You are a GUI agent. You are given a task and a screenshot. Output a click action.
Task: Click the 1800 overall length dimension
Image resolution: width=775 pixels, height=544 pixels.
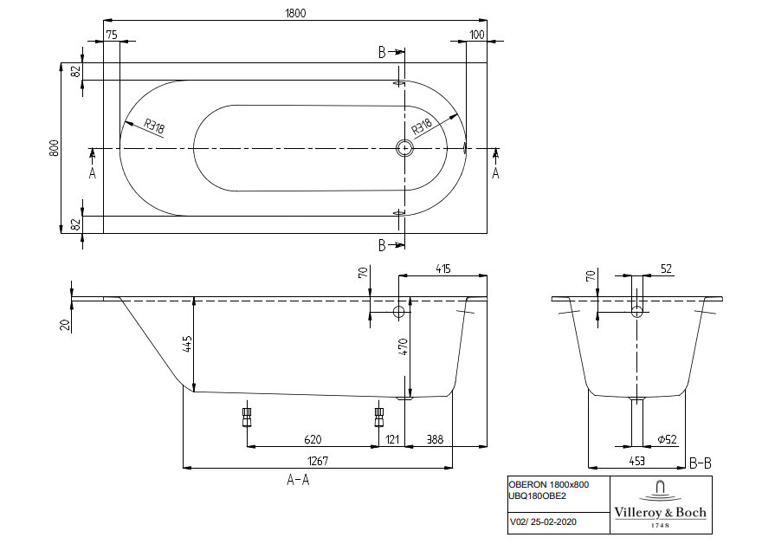point(295,13)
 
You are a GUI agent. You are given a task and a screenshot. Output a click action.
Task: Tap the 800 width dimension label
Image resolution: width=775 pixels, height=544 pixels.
point(54,148)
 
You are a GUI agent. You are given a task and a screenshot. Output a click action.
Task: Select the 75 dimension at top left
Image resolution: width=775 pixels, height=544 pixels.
point(111,34)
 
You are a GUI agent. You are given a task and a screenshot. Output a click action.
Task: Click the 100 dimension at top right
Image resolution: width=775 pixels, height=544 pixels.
point(476,34)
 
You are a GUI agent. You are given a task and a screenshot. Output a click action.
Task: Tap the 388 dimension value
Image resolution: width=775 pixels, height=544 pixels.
point(435,440)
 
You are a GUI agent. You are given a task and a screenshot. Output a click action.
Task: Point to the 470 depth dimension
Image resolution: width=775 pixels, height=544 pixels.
point(402,347)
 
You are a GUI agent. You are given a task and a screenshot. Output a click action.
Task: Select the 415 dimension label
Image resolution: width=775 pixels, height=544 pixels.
point(442,269)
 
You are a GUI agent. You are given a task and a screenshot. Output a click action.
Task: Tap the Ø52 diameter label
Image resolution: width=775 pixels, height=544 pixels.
point(668,440)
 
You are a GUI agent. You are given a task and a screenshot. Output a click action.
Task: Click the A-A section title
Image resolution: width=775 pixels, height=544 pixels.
point(298,480)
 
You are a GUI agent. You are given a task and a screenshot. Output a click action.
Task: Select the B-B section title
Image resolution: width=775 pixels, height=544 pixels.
point(701,463)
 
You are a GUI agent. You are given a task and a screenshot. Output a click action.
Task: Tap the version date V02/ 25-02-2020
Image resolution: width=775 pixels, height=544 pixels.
point(543,521)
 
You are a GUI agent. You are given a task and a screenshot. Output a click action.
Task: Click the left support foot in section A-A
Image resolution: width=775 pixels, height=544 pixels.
point(247,418)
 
